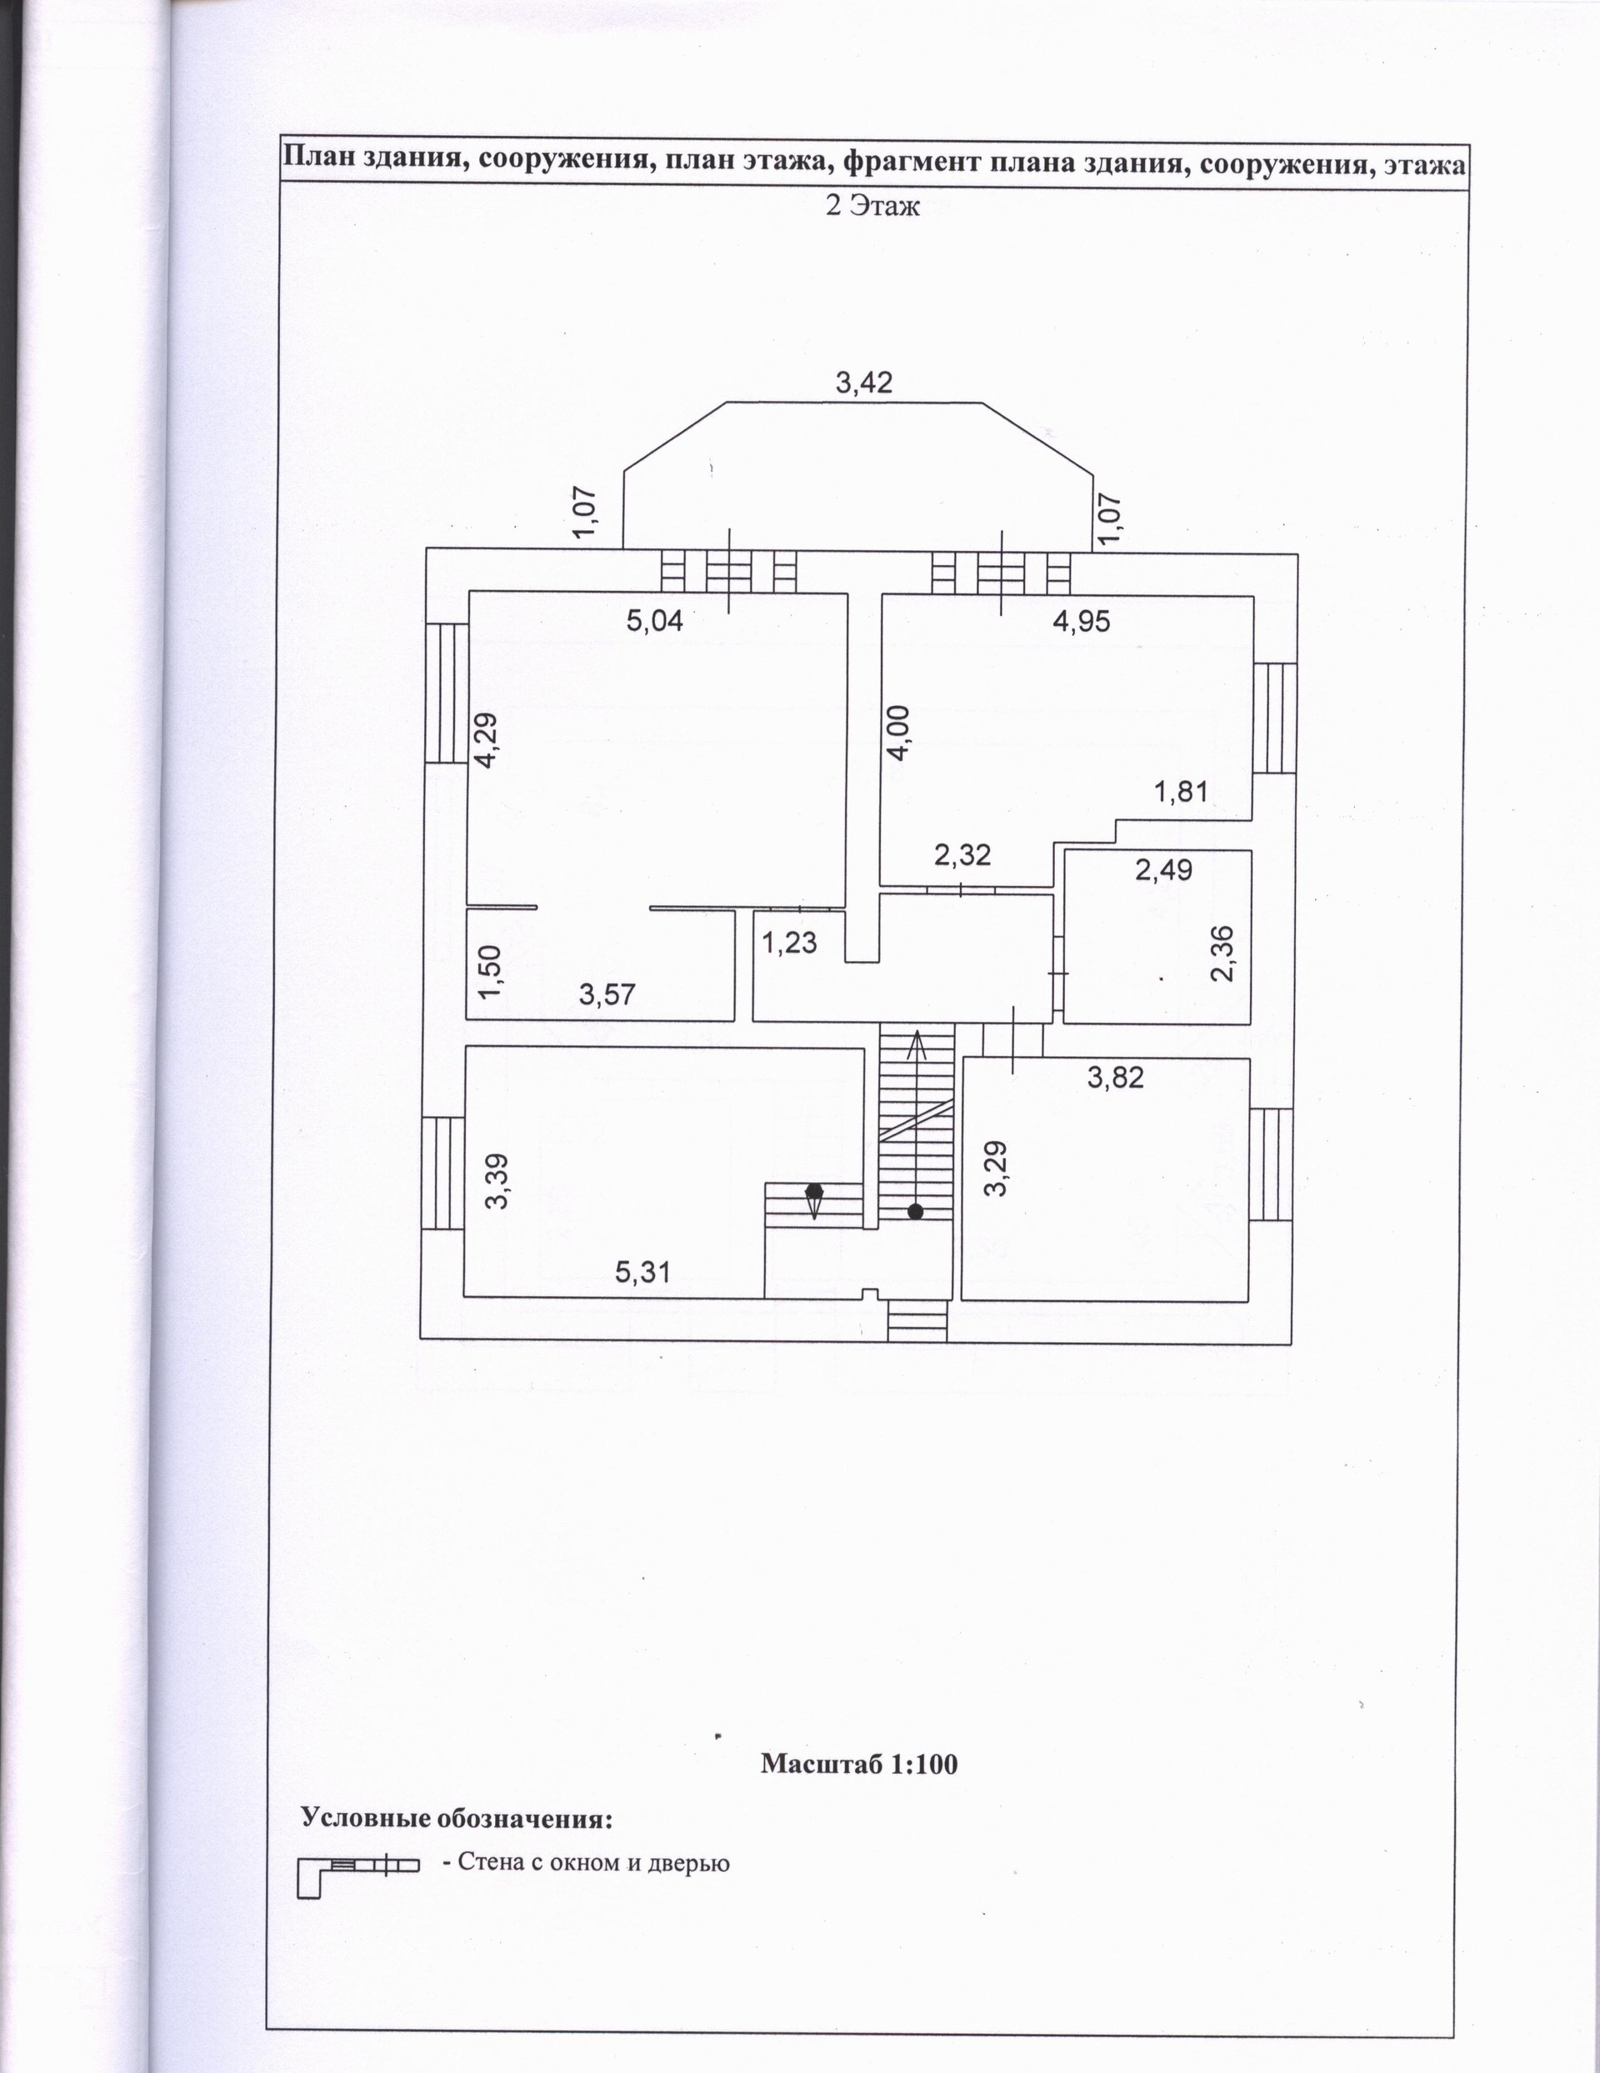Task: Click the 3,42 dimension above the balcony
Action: tap(863, 383)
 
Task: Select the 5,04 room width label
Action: tap(655, 622)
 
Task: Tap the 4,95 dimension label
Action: tap(1081, 622)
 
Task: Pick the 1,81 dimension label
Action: tap(1181, 791)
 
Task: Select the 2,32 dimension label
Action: tap(962, 855)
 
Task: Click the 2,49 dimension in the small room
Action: tap(1163, 869)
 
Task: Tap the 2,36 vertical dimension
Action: tap(1224, 953)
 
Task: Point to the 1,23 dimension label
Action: tap(789, 943)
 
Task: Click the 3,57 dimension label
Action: tap(607, 994)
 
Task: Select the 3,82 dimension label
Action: tap(1116, 1077)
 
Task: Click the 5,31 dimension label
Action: tap(642, 1271)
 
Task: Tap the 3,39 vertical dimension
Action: tap(497, 1181)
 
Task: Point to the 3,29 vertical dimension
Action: tap(996, 1169)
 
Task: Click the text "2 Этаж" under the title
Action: tap(872, 205)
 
